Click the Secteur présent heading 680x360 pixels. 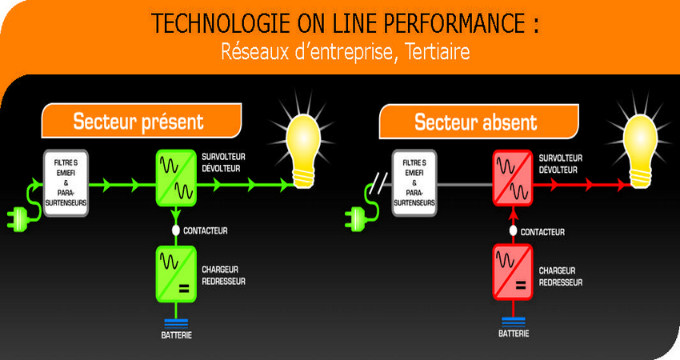[138, 122]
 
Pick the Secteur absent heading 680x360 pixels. [476, 122]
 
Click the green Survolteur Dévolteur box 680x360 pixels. [176, 178]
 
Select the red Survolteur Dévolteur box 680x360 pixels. [513, 178]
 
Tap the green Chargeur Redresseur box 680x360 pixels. [176, 274]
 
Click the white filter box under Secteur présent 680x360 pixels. [66, 183]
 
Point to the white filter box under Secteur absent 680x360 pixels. [414, 183]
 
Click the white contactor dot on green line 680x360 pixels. [176, 230]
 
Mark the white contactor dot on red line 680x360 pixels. [513, 230]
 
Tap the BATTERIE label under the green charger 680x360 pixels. [177, 335]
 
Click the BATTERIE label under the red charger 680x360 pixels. [514, 334]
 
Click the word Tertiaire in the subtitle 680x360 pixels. [437, 52]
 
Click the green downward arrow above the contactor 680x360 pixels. [176, 214]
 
